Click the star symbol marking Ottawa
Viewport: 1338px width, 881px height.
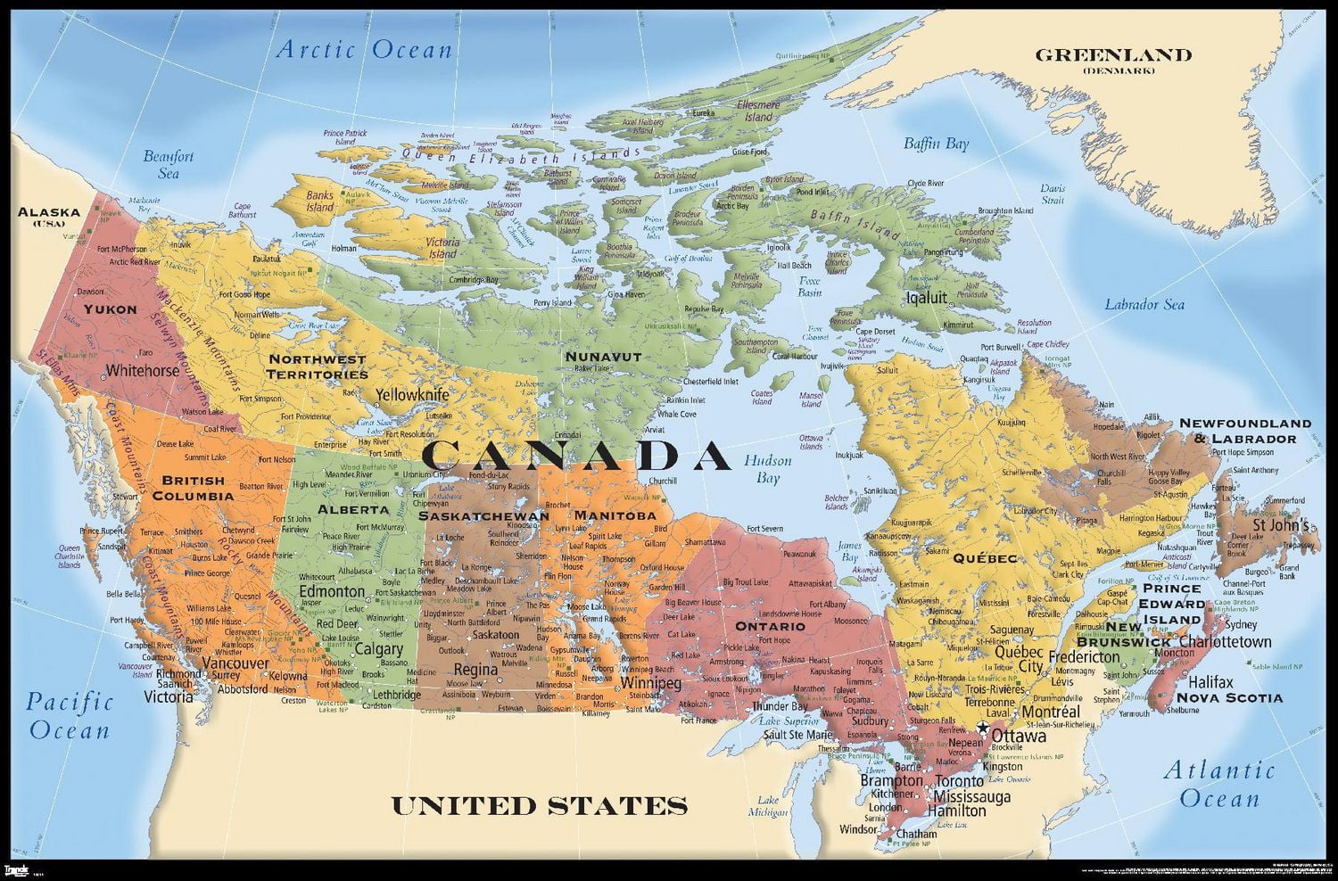tap(982, 729)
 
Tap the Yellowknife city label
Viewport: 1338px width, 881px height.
tap(412, 394)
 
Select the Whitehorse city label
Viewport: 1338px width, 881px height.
tap(142, 370)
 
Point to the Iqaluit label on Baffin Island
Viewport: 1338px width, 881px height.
tap(926, 298)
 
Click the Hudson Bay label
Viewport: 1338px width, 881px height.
tap(768, 469)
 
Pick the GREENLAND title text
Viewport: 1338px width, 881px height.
tap(1112, 55)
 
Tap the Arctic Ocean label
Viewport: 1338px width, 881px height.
tap(364, 49)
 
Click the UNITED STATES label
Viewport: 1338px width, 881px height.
tap(540, 806)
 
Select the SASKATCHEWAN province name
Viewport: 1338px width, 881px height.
tap(483, 516)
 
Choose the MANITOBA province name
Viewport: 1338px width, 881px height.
tap(615, 515)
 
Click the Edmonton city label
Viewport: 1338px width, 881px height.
tap(331, 591)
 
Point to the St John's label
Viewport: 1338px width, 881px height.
tap(1281, 525)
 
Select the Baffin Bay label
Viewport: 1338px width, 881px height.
tap(936, 144)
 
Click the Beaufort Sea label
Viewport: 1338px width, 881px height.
tap(169, 165)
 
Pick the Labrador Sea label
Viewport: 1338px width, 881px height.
tap(1144, 305)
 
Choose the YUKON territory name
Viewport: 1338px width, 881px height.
tap(111, 309)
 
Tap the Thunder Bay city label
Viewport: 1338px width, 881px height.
tap(780, 706)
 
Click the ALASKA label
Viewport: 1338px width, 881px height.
tap(49, 213)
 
